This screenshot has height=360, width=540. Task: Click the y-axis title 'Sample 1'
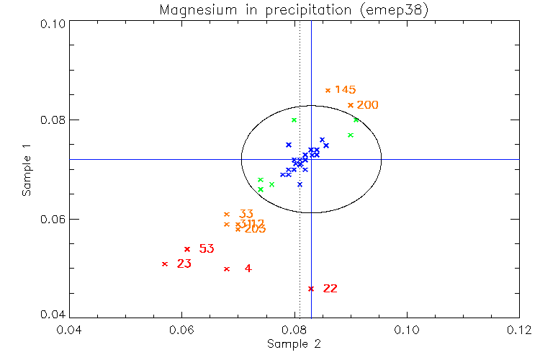coord(27,170)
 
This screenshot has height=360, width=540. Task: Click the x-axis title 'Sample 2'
coord(294,344)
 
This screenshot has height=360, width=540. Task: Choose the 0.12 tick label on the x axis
coord(519,330)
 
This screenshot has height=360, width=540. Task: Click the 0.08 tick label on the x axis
coord(294,330)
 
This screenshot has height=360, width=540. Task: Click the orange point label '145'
coord(346,90)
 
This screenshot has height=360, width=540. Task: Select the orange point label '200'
coord(367,105)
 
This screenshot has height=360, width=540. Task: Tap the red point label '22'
coord(330,289)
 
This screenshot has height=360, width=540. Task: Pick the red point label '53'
coord(207,249)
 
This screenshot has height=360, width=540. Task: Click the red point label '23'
coord(184,264)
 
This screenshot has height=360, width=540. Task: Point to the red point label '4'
coord(248,269)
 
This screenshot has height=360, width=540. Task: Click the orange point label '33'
coord(246,214)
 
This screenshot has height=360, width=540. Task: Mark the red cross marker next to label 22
coord(311,289)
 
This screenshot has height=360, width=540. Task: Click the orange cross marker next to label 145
coord(328,90)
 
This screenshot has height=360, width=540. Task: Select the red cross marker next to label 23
coord(165,264)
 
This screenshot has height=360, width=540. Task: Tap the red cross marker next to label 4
coord(227,269)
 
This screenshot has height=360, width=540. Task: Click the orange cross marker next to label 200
coord(351,105)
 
